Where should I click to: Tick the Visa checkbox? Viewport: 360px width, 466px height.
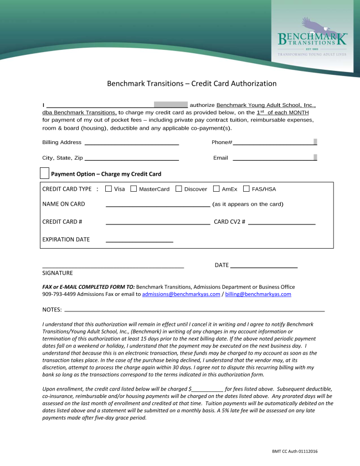point(109,189)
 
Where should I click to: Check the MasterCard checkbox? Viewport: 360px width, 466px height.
point(133,189)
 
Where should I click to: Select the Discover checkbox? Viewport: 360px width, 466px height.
point(179,189)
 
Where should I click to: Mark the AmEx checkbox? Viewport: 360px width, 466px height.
point(217,189)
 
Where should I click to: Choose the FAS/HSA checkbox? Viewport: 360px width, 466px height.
point(246,189)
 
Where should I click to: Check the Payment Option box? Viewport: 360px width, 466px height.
point(45,173)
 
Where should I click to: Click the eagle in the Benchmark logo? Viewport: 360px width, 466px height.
point(315,27)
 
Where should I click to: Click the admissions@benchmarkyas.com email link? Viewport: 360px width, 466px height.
point(181,294)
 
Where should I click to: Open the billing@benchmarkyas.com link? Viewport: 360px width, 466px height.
point(258,294)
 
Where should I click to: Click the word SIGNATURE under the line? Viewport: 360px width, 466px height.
point(58,273)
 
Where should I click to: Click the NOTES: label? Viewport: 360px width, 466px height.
point(52,309)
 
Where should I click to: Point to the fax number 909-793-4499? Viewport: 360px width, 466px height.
point(59,294)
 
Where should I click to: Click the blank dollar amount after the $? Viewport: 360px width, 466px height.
point(208,390)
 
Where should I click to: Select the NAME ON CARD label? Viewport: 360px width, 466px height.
point(64,204)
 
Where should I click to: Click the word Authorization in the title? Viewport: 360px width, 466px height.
point(241,84)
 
